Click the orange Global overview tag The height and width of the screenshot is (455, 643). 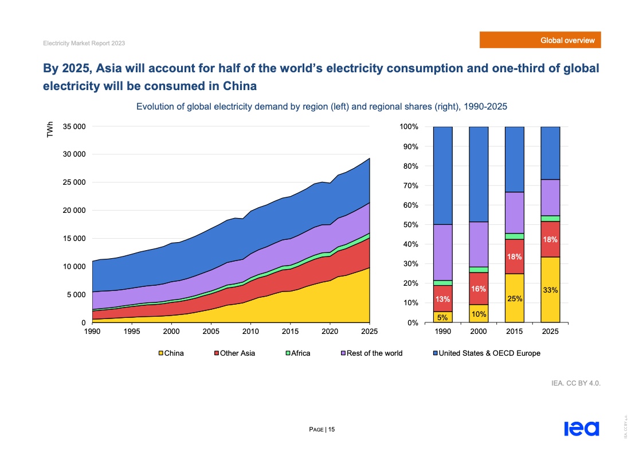pos(540,40)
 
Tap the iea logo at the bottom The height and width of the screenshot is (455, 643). pos(581,429)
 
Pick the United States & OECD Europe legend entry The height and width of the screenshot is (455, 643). pos(486,353)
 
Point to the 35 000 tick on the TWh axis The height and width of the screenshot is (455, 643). pos(74,126)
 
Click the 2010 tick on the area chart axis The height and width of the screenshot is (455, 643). pos(250,332)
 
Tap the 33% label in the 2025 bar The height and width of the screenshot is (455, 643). pos(550,290)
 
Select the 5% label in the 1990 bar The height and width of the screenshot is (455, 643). pos(442,317)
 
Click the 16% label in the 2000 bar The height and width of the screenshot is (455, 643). pos(479,289)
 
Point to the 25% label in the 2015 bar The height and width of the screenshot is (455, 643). pos(514,298)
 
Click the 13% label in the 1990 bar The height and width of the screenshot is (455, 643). pos(442,300)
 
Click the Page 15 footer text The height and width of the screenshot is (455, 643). pos(322,429)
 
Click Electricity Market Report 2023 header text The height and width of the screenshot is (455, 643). pos(84,44)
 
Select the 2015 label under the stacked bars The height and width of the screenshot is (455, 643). pos(514,332)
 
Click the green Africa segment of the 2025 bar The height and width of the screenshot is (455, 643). pos(550,219)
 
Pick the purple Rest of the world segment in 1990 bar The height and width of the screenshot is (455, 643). pos(442,252)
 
